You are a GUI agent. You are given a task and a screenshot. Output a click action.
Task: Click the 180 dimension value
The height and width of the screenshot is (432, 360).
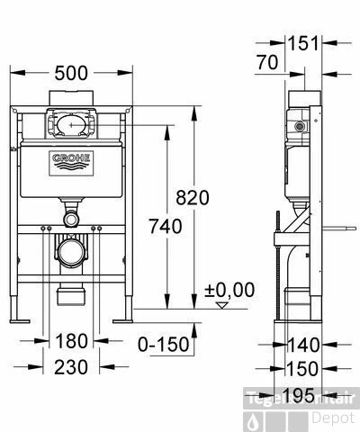click(x=71, y=341)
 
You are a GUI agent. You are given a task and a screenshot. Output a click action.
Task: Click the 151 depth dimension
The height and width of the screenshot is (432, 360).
click(x=303, y=42)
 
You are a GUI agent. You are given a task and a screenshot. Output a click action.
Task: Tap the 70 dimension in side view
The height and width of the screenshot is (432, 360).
click(x=266, y=63)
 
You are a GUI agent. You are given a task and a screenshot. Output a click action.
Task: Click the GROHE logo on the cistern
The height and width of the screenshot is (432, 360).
click(x=71, y=161)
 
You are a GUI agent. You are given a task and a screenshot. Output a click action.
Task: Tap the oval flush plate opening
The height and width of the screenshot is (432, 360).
click(x=71, y=121)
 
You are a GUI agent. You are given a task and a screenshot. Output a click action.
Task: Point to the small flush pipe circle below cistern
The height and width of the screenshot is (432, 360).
click(x=71, y=219)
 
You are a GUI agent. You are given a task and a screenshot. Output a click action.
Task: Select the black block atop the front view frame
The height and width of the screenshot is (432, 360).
click(x=70, y=96)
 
